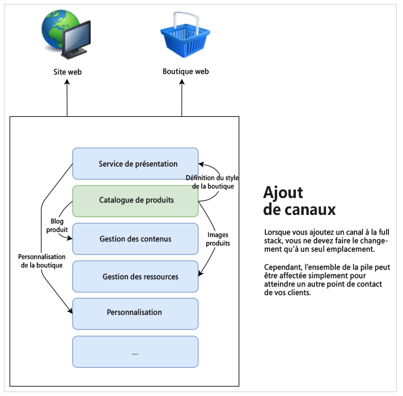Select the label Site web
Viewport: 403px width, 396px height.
[67, 72]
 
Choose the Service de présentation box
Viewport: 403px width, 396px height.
[135, 164]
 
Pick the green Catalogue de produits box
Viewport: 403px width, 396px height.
[135, 200]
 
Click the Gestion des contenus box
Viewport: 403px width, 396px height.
[135, 239]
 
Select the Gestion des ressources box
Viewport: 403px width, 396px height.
[135, 276]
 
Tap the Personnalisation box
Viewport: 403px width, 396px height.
[135, 313]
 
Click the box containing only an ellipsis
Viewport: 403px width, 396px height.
[135, 352]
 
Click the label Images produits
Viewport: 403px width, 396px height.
[218, 239]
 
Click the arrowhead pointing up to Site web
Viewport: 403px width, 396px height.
[67, 82]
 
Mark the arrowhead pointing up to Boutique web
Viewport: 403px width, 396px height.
[182, 82]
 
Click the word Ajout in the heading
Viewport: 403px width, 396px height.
[283, 193]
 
